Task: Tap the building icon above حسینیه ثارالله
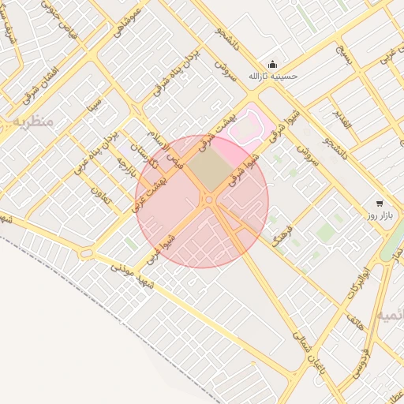pyautogui.click(x=273, y=65)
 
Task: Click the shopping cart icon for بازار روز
pyautogui.click(x=380, y=203)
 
